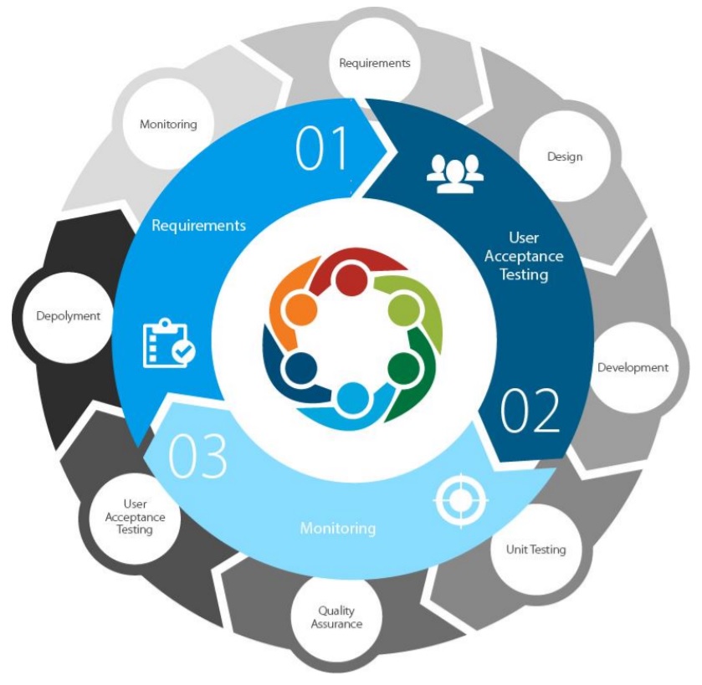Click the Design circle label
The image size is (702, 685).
tap(565, 156)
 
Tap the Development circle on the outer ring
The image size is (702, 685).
tap(633, 367)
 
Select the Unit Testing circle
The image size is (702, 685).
tap(535, 550)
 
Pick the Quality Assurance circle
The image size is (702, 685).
tap(336, 617)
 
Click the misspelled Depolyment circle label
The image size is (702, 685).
tap(68, 316)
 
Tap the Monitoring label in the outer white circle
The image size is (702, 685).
tap(168, 124)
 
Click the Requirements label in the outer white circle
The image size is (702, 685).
tap(375, 63)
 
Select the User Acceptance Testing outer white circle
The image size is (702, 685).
tap(135, 517)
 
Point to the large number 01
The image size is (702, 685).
tap(322, 148)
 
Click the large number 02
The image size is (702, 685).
tap(530, 411)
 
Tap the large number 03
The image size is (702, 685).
tap(197, 456)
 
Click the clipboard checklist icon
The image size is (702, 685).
tap(169, 343)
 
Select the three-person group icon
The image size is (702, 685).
tap(455, 174)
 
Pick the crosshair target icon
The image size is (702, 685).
tap(461, 500)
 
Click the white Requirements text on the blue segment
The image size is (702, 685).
tap(199, 225)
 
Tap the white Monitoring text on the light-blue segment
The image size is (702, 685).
tap(338, 529)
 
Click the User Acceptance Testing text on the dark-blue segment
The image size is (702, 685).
tap(524, 256)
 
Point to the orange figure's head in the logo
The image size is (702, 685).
tap(301, 309)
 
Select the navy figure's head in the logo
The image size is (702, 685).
tap(301, 368)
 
